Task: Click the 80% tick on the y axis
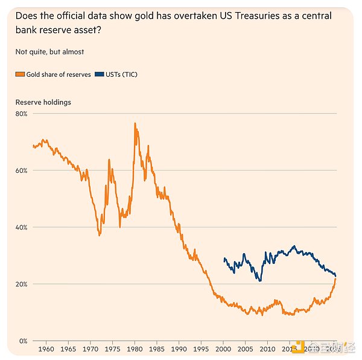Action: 22,114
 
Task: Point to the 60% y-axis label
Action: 22,170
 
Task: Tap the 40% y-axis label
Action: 22,227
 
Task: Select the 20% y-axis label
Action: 22,284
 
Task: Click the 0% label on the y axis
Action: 24,341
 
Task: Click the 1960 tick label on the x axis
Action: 46,349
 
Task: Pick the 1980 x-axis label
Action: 135,349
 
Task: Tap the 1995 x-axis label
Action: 201,349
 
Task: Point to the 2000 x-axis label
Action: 223,349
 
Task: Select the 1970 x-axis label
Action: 91,349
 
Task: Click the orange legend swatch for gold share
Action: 20,74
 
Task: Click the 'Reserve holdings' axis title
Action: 43,102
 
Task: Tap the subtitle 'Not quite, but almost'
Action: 49,51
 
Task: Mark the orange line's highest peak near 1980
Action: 135,123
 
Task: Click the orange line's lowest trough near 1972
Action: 100,235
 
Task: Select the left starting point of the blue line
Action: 224,259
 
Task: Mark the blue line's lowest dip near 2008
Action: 260,281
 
